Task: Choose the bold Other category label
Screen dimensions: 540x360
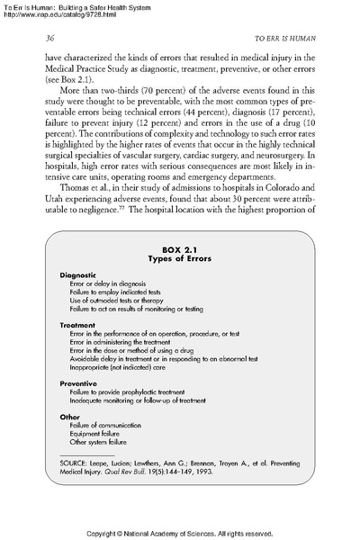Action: click(69, 418)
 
